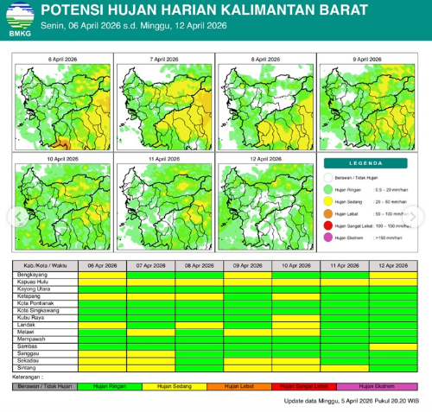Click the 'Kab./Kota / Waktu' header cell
45,266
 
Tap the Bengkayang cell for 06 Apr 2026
102,275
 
